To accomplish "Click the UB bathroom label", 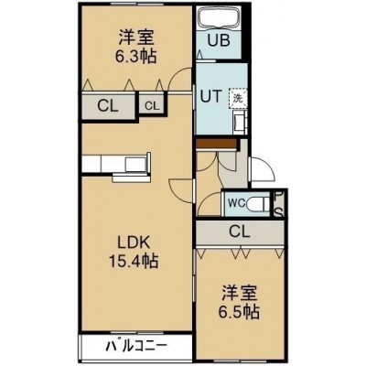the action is (219, 40).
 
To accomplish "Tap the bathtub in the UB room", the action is (220, 18).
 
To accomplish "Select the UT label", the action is (210, 97).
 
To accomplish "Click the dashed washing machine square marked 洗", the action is (238, 98).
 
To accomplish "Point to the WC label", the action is (236, 203).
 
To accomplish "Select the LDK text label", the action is (134, 243).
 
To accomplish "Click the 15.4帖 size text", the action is (134, 261).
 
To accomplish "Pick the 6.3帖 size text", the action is (135, 56).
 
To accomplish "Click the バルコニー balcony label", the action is (137, 346).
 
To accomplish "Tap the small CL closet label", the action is (152, 106).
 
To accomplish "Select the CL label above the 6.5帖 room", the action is (240, 231).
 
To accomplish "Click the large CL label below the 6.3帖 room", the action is (107, 106).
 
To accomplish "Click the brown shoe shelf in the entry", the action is (217, 144).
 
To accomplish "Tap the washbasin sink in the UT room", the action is (239, 122).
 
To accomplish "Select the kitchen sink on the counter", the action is (135, 164).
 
